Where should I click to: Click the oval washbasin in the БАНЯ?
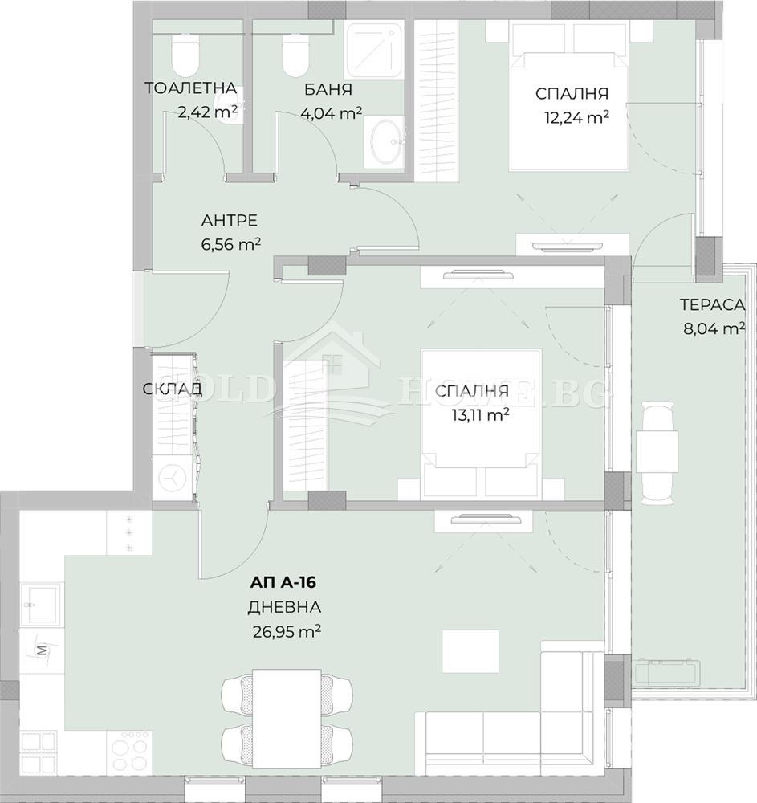[x=384, y=141]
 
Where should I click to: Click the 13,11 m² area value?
[x=479, y=414]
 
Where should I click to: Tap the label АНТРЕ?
[x=230, y=220]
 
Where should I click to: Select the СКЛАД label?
[x=173, y=389]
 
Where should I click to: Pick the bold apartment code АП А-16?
[x=283, y=582]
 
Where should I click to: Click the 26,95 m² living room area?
[x=287, y=631]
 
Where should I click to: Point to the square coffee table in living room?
[x=470, y=651]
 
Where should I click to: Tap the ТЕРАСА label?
[x=712, y=304]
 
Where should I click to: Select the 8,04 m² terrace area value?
[x=714, y=328]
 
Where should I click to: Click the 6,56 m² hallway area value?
[x=231, y=244]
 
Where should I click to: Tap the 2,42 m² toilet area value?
[x=207, y=112]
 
